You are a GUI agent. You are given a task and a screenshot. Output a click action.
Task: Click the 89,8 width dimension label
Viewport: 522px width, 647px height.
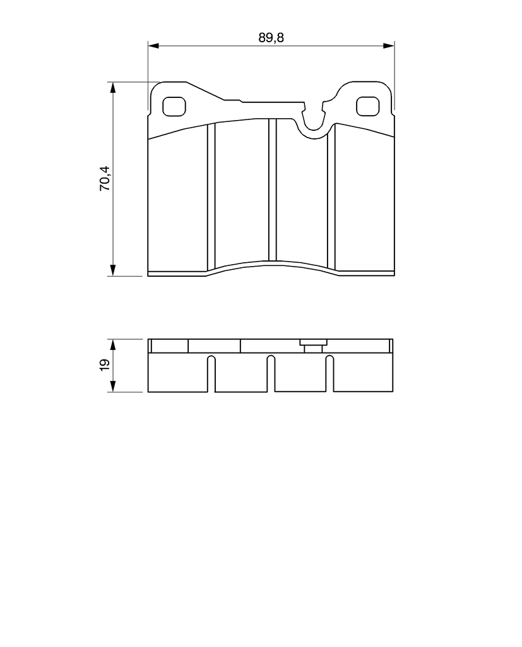click(271, 37)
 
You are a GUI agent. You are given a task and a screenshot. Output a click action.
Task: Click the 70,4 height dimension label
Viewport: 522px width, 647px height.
click(105, 178)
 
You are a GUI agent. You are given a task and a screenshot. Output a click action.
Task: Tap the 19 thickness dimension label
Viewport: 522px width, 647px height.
click(105, 365)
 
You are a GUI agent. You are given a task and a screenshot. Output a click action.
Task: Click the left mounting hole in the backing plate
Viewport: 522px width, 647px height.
click(174, 107)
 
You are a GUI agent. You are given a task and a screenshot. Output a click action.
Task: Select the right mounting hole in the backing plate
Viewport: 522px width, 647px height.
click(367, 106)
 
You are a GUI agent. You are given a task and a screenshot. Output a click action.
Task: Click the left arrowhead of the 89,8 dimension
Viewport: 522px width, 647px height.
click(153, 45)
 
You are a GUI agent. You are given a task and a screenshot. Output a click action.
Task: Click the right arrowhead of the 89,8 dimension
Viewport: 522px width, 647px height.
click(389, 45)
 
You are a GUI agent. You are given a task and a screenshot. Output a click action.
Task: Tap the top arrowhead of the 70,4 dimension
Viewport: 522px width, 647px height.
click(112, 87)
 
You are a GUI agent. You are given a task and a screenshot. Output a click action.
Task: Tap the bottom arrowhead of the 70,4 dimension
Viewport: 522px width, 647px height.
click(112, 270)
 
